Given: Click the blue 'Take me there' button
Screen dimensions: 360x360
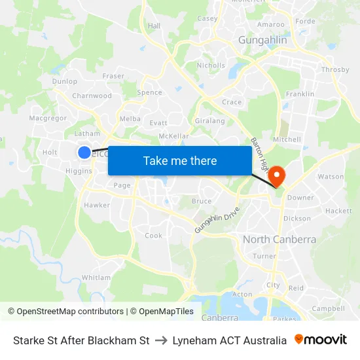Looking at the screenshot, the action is (x=179, y=160).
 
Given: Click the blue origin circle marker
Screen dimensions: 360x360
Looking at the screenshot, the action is (x=84, y=153).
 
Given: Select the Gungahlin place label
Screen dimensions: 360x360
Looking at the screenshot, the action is (x=262, y=41).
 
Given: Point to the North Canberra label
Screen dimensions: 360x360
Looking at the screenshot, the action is (x=279, y=240).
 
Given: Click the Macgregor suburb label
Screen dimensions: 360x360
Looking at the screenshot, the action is (x=48, y=118).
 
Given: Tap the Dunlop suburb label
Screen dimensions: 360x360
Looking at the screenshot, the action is (x=65, y=82).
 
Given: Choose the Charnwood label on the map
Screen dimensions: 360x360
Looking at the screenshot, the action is (x=92, y=96).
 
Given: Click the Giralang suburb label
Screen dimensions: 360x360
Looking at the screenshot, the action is (x=210, y=121).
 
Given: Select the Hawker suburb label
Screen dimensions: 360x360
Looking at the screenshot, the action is (x=97, y=205).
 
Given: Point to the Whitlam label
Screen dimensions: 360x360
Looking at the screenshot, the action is (x=96, y=278).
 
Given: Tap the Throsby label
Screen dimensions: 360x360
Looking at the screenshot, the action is (x=335, y=70).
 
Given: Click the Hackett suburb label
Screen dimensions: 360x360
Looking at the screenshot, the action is (x=338, y=211).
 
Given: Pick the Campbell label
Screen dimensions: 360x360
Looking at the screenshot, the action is (x=328, y=308).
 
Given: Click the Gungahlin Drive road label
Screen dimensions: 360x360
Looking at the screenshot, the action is (x=217, y=221).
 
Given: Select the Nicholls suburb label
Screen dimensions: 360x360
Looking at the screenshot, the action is (x=211, y=65).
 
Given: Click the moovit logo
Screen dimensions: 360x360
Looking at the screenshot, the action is (x=321, y=340).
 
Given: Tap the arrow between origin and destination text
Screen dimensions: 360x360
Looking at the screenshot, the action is (x=161, y=340).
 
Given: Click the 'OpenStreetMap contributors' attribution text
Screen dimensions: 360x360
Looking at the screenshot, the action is (x=70, y=312).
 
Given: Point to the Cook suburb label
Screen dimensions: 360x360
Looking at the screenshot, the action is (x=153, y=236).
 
